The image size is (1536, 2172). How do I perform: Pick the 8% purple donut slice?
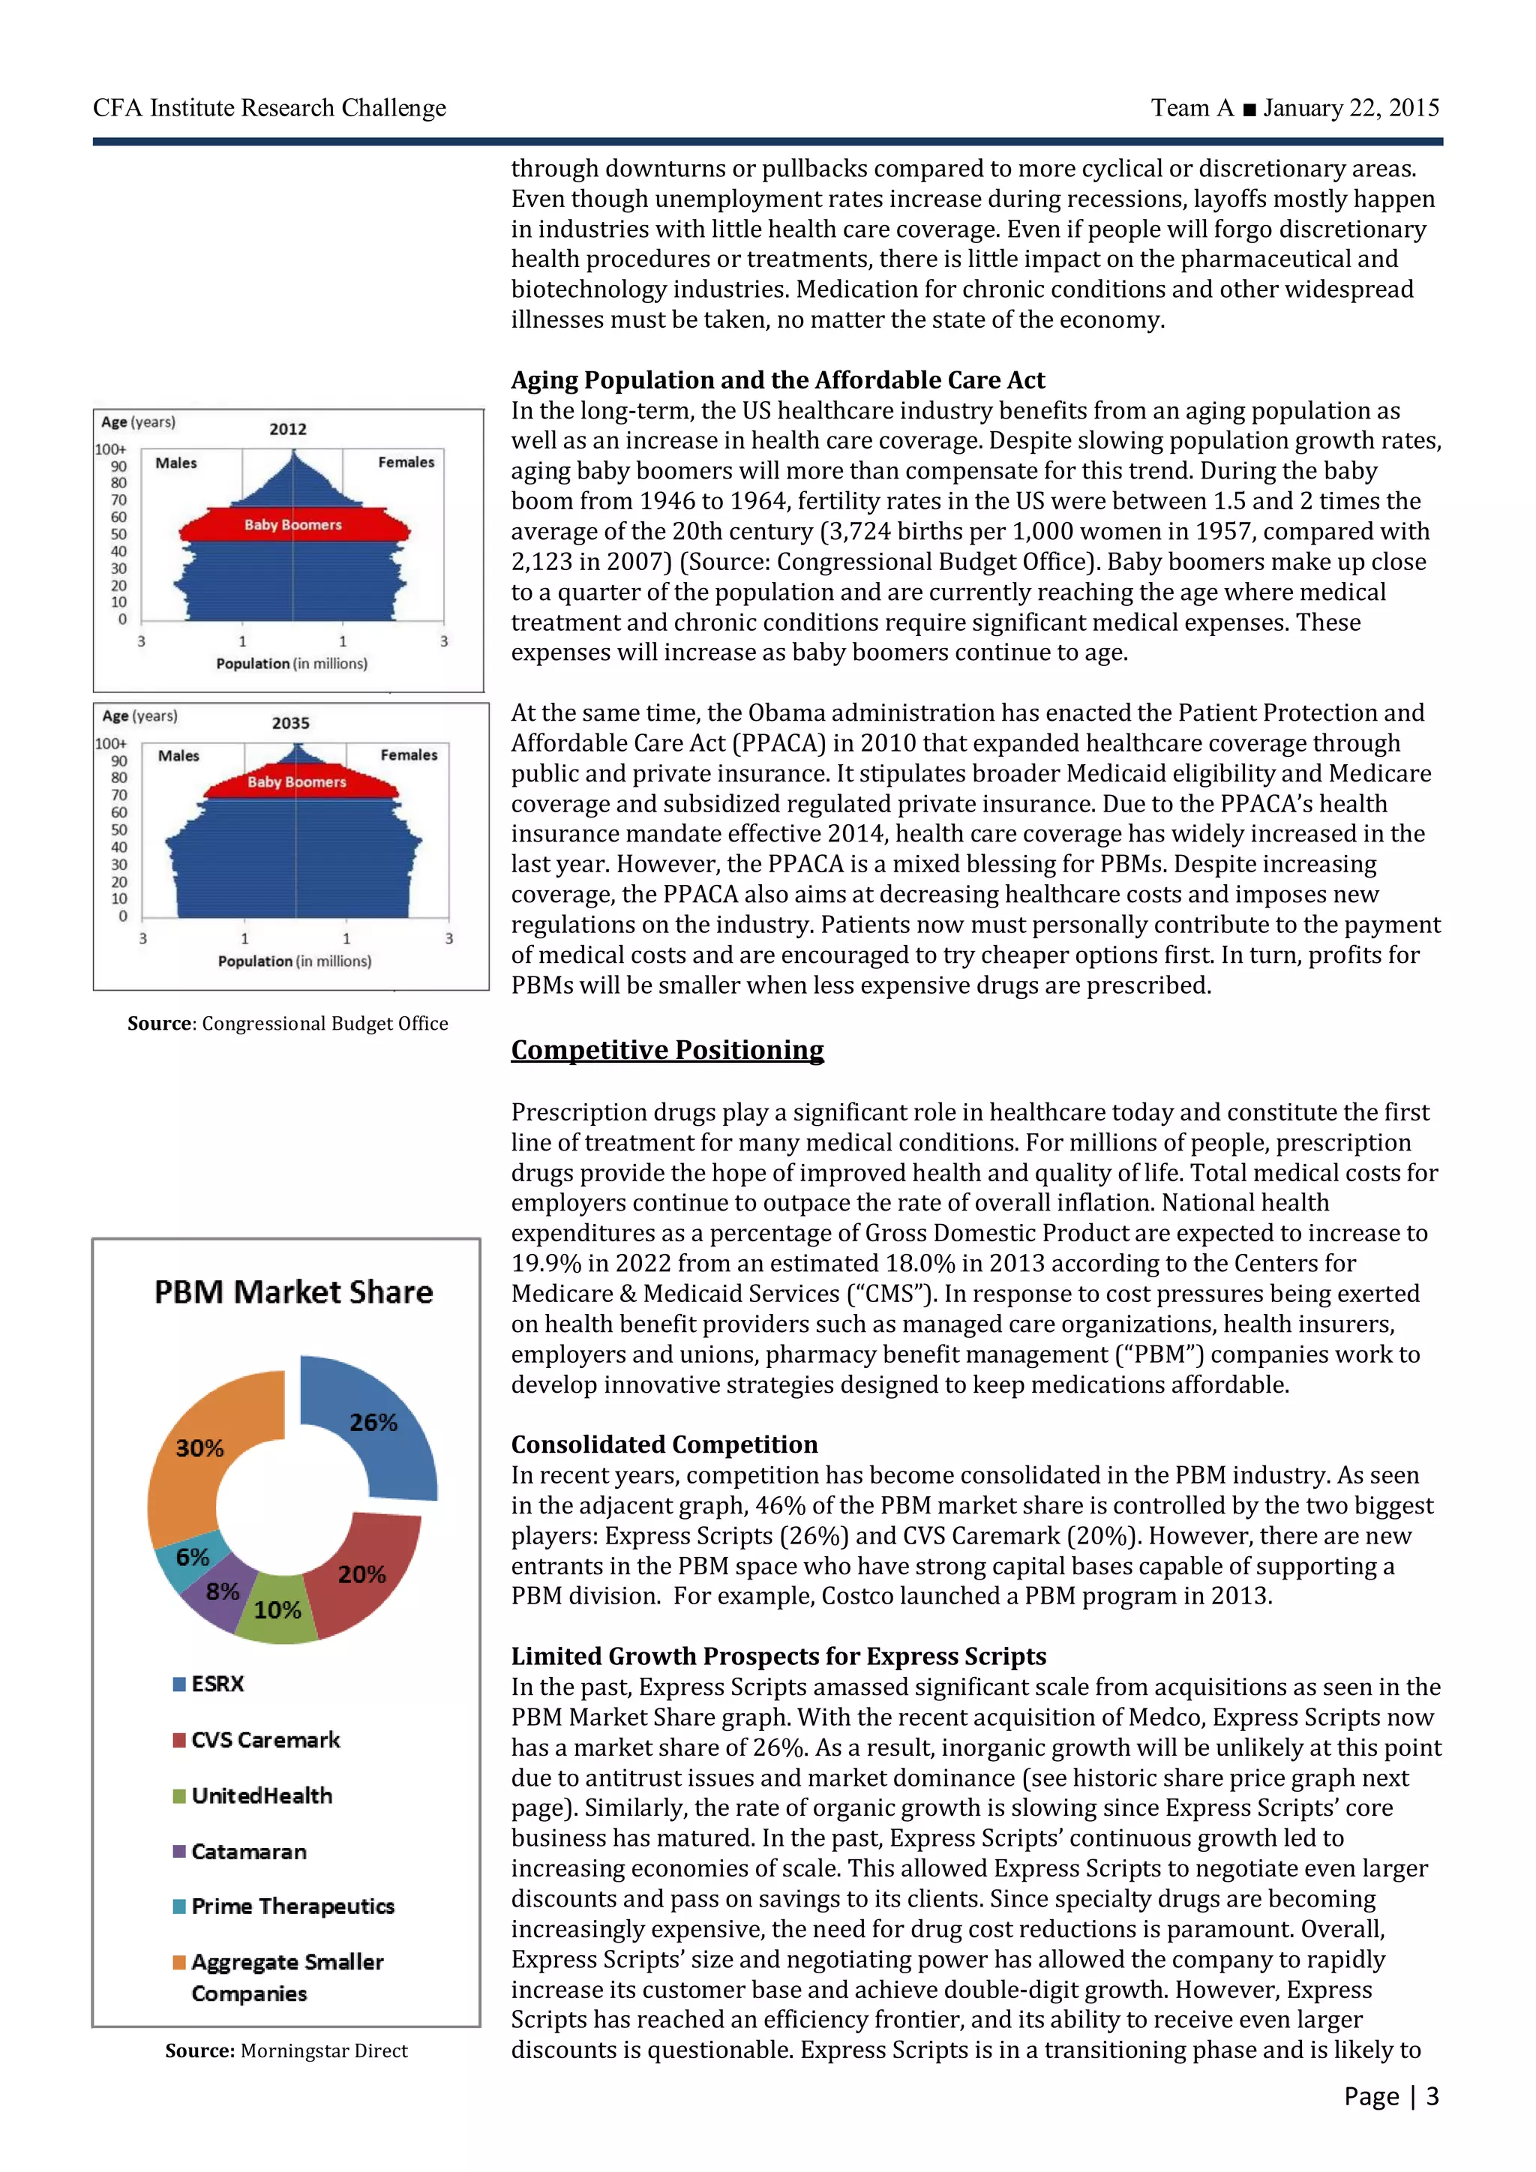coord(221,1592)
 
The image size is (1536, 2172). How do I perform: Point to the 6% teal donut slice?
coord(192,1556)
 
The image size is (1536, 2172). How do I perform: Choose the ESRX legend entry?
coord(217,1684)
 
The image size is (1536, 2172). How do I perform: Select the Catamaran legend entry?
coord(247,1851)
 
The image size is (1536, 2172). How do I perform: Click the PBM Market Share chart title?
coord(293,1292)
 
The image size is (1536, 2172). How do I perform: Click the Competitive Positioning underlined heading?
coord(667,1050)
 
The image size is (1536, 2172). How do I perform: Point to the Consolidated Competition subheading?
coord(664,1444)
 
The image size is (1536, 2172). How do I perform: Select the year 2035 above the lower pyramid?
coord(290,724)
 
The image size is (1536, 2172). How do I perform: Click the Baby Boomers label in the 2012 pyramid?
coord(292,525)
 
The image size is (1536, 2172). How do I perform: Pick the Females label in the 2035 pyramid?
coord(409,755)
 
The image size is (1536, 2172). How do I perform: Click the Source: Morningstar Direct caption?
coord(286,2051)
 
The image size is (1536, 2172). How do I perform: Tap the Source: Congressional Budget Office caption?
coord(287,1024)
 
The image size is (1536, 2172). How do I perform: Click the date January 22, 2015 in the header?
coord(1351,108)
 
